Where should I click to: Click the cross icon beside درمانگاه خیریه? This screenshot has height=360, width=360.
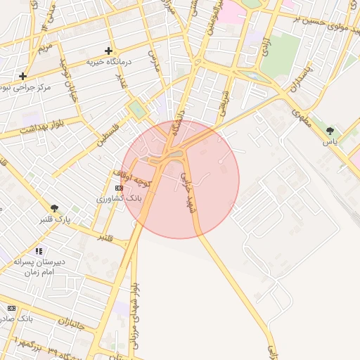108,51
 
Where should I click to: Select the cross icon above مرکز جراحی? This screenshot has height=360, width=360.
23,75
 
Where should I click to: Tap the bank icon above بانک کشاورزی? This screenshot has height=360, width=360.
119,188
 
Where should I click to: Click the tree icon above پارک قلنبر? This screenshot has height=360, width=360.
54,208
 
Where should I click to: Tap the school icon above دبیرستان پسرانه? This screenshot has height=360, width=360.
39,251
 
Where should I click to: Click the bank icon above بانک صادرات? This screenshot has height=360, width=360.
11,308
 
